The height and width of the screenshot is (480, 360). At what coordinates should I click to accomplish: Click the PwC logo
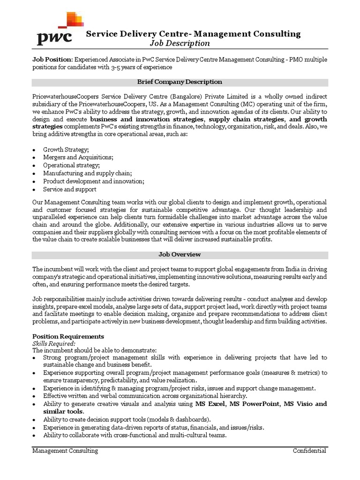(57, 29)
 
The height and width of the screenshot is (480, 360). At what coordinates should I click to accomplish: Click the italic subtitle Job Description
(180, 44)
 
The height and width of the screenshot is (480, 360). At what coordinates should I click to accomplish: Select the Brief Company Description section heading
(180, 82)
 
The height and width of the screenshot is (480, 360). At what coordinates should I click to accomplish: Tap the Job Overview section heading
(180, 255)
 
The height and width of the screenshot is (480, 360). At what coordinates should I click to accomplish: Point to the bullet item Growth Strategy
(66, 150)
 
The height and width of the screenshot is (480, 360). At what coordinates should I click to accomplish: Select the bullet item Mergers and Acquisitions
(78, 157)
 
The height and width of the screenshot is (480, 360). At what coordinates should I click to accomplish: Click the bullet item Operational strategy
(71, 165)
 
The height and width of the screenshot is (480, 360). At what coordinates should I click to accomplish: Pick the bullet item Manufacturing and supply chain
(87, 173)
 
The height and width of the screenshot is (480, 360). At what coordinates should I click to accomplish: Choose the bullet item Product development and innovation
(93, 181)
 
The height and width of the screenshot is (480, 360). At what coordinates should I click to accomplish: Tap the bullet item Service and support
(69, 189)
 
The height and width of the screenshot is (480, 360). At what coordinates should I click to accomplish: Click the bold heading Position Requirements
(68, 337)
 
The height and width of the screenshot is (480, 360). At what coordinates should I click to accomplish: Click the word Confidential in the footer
(309, 451)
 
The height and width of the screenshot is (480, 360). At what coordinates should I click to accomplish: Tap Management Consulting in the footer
(65, 451)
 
